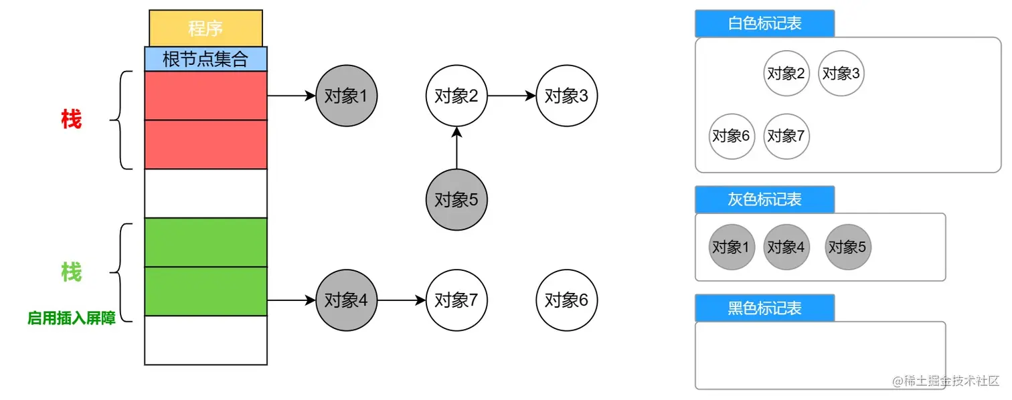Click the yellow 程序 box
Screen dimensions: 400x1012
click(205, 29)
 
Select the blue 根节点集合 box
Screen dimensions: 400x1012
click(205, 59)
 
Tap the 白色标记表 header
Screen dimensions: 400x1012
click(764, 23)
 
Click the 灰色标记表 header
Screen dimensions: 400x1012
click(764, 199)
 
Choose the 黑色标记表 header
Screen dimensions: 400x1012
click(764, 308)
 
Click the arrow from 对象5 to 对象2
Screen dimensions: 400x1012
click(457, 148)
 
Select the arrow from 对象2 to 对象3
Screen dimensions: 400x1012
click(512, 96)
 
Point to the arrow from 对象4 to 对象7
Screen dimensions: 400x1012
click(402, 300)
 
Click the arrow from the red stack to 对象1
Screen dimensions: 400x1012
click(291, 96)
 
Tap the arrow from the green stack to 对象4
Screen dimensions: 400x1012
click(291, 300)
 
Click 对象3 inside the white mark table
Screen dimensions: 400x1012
click(841, 74)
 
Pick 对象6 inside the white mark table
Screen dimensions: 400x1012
click(732, 136)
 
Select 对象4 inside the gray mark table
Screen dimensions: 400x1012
click(786, 247)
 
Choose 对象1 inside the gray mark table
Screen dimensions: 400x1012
click(732, 247)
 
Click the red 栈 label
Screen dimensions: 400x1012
click(71, 120)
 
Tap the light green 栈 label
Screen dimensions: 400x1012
click(71, 273)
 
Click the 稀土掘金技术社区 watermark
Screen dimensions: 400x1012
click(946, 381)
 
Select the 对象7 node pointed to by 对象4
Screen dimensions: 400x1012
click(457, 300)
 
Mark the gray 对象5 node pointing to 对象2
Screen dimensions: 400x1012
click(457, 199)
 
